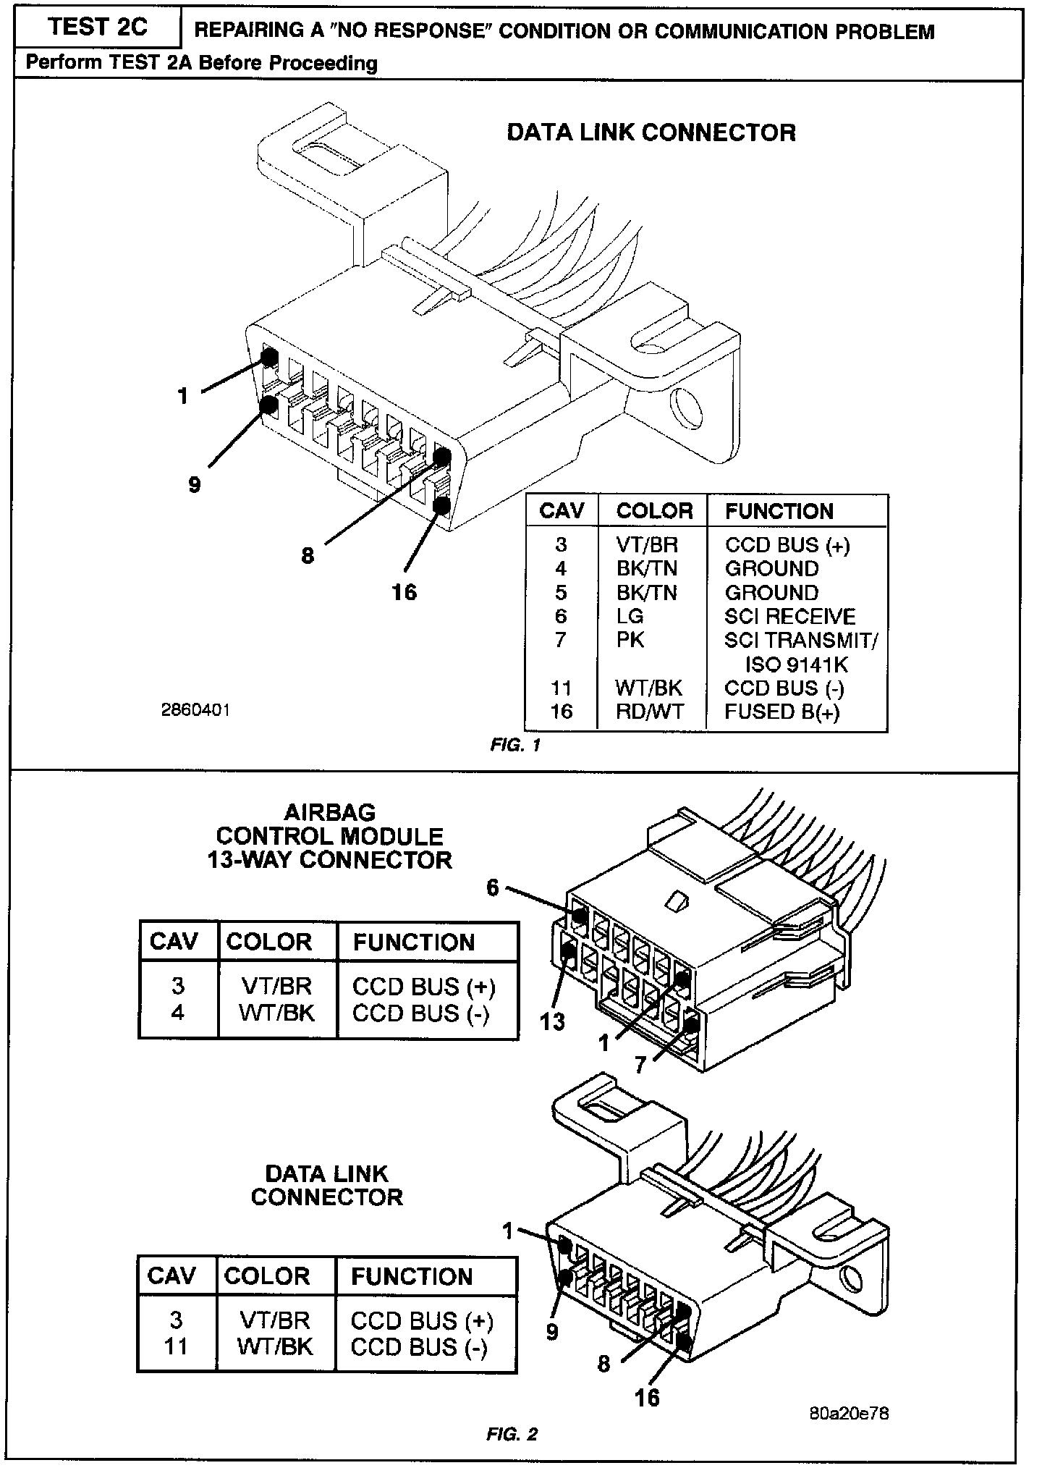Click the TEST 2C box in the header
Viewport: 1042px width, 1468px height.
pyautogui.click(x=97, y=28)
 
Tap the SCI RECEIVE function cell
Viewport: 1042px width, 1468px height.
pyautogui.click(x=789, y=617)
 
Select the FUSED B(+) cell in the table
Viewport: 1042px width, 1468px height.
pyautogui.click(x=782, y=712)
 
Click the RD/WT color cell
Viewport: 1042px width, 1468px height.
pyautogui.click(x=649, y=712)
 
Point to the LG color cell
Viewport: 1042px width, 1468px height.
pyautogui.click(x=630, y=617)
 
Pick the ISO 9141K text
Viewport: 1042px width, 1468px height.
pyautogui.click(x=796, y=665)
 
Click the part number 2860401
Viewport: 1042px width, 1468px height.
pyautogui.click(x=195, y=710)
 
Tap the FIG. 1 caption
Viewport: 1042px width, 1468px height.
pyautogui.click(x=515, y=745)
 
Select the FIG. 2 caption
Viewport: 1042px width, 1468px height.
pyautogui.click(x=512, y=1434)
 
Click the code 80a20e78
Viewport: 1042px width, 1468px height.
pyautogui.click(x=849, y=1412)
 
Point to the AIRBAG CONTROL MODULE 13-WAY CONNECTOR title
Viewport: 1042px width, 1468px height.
pyautogui.click(x=329, y=837)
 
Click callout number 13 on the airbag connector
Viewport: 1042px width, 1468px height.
pyautogui.click(x=552, y=1021)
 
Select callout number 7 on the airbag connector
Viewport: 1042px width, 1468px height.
pyautogui.click(x=640, y=1065)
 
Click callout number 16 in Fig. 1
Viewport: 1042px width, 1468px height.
pyautogui.click(x=404, y=592)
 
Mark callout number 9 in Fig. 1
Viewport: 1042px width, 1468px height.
pyautogui.click(x=194, y=484)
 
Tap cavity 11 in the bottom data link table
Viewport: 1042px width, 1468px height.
pyautogui.click(x=176, y=1346)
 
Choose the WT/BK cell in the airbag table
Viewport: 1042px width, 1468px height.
pyautogui.click(x=277, y=1013)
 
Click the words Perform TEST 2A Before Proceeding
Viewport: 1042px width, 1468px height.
pyautogui.click(x=201, y=64)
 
